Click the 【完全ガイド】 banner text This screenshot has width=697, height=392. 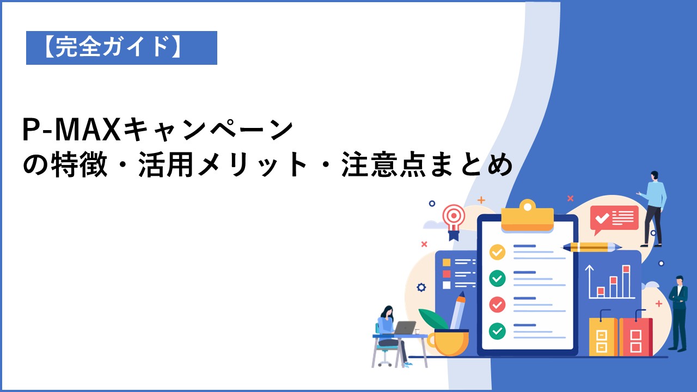[x=113, y=47]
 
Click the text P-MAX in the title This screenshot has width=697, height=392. [x=72, y=130]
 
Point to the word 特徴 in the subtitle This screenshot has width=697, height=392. [x=79, y=164]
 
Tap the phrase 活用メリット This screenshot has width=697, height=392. [x=223, y=164]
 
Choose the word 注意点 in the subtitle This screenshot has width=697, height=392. [x=383, y=164]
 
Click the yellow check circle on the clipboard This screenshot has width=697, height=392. [x=497, y=252]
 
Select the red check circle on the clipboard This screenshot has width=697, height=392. [x=497, y=304]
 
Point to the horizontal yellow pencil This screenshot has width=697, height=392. [x=592, y=247]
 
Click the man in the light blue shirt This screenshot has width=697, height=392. [x=653, y=209]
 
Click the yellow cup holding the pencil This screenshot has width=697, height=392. [x=448, y=342]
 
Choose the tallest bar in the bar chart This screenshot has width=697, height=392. [x=626, y=281]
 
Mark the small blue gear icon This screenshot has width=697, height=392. [x=421, y=287]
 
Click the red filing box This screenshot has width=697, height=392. [x=635, y=334]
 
